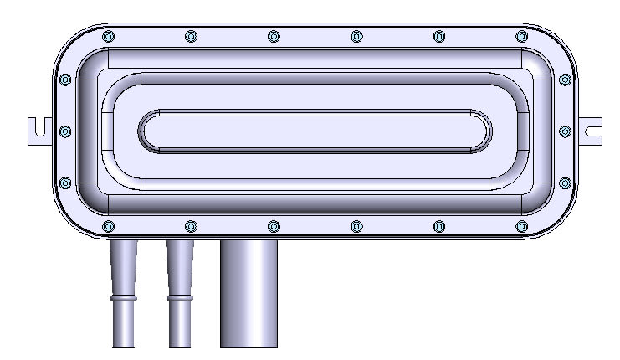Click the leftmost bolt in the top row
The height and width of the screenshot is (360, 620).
107,36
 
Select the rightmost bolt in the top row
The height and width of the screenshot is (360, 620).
522,36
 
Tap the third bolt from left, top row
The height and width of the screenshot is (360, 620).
274,36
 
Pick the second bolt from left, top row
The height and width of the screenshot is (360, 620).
191,36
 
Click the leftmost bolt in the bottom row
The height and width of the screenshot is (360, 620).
107,226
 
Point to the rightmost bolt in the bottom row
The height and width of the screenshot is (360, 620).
522,226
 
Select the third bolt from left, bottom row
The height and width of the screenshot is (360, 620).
274,226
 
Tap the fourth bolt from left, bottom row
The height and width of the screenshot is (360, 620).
356,226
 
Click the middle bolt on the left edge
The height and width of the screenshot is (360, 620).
66,131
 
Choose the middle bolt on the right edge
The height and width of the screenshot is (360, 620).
565,131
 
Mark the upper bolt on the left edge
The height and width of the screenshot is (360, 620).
66,80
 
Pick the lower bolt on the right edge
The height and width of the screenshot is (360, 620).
565,183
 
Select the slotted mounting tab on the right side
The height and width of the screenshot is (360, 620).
592,130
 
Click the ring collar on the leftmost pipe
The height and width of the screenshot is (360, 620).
123,297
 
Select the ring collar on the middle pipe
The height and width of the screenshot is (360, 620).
179,297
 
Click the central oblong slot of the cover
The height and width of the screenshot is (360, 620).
315,131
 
